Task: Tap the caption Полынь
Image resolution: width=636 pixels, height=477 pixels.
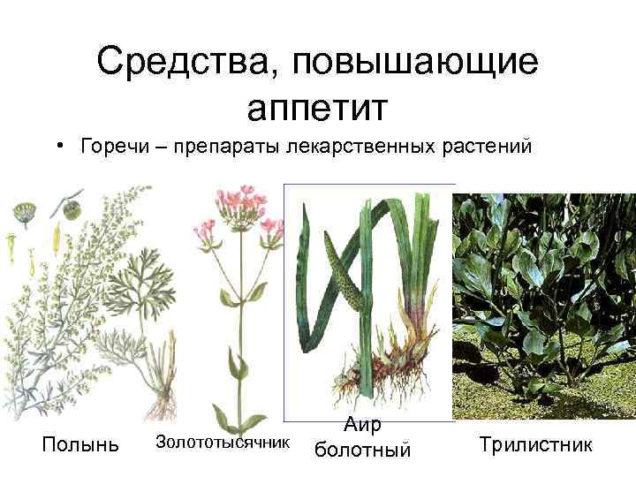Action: click(80, 444)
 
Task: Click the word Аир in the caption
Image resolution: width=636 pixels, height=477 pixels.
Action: click(362, 425)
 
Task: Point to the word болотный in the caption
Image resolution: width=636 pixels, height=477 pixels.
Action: click(362, 450)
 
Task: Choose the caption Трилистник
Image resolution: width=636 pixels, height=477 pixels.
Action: click(535, 443)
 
